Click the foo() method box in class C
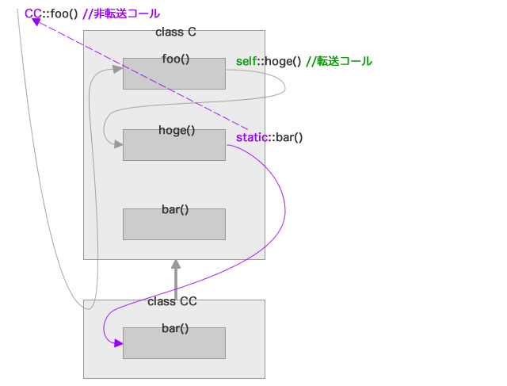click(x=174, y=73)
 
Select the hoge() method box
click(x=174, y=145)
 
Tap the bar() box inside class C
click(x=174, y=224)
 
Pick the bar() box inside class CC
click(x=174, y=342)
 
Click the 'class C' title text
click(x=176, y=32)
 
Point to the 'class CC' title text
click(x=172, y=301)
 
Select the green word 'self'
click(x=246, y=62)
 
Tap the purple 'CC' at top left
click(x=32, y=13)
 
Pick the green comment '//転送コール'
click(x=338, y=62)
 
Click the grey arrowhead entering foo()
click(x=118, y=69)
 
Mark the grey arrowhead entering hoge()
click(x=118, y=145)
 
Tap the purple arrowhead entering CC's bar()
click(x=118, y=343)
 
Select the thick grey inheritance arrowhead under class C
click(x=174, y=265)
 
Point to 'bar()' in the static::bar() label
click(x=288, y=137)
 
